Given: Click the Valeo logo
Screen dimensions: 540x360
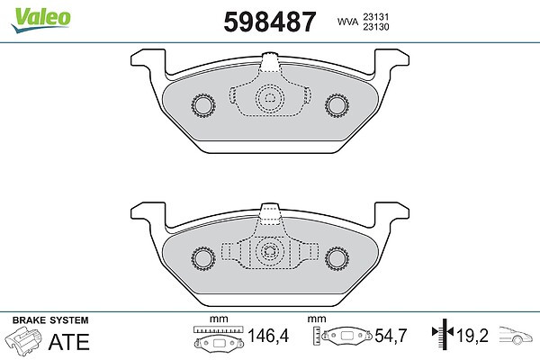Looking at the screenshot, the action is pyautogui.click(x=40, y=20).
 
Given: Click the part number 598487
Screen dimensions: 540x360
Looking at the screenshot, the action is pyautogui.click(x=270, y=22).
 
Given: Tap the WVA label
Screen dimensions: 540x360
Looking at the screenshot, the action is pyautogui.click(x=347, y=22).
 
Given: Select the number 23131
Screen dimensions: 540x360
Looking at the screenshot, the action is pyautogui.click(x=375, y=16).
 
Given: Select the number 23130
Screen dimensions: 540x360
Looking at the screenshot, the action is pyautogui.click(x=375, y=27).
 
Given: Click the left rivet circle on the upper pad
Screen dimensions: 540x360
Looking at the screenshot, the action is pyautogui.click(x=202, y=105).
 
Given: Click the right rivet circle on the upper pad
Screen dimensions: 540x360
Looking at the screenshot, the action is pyautogui.click(x=337, y=105).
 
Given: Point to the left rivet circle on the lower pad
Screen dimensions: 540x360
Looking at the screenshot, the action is pyautogui.click(x=202, y=258).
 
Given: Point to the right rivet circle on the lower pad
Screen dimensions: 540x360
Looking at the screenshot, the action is pyautogui.click(x=337, y=258).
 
